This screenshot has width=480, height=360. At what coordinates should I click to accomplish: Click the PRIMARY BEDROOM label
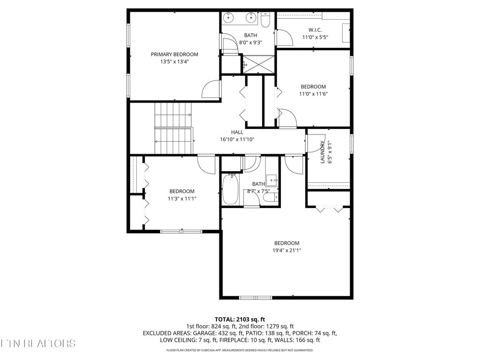point(174,54)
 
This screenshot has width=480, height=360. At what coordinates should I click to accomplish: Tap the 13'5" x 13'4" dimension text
point(174,61)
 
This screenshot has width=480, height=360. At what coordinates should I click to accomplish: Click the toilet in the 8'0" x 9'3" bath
point(266,20)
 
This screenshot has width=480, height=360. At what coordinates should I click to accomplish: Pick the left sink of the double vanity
point(229,18)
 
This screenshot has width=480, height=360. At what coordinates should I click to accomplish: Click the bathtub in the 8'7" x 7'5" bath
point(230,189)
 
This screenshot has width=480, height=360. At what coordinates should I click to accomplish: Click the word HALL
point(237,132)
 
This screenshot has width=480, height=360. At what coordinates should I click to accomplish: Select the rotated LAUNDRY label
point(322,152)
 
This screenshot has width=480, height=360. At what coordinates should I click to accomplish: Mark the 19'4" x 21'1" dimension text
point(287,250)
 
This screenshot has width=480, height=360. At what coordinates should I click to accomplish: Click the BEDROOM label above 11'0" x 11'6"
point(313,87)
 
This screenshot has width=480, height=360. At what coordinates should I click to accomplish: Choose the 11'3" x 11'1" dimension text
point(182,198)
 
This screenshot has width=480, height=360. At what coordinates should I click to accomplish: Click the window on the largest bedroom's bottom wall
point(255,297)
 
